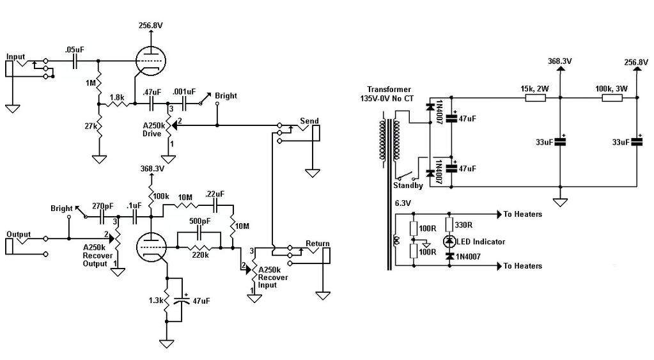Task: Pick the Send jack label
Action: click(309, 121)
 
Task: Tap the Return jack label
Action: click(317, 244)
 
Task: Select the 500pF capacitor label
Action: click(199, 221)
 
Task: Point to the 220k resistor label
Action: click(199, 254)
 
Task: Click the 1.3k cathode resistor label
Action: click(155, 300)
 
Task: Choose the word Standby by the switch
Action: click(409, 186)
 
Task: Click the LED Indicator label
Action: click(482, 242)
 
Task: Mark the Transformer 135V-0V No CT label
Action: click(389, 95)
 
